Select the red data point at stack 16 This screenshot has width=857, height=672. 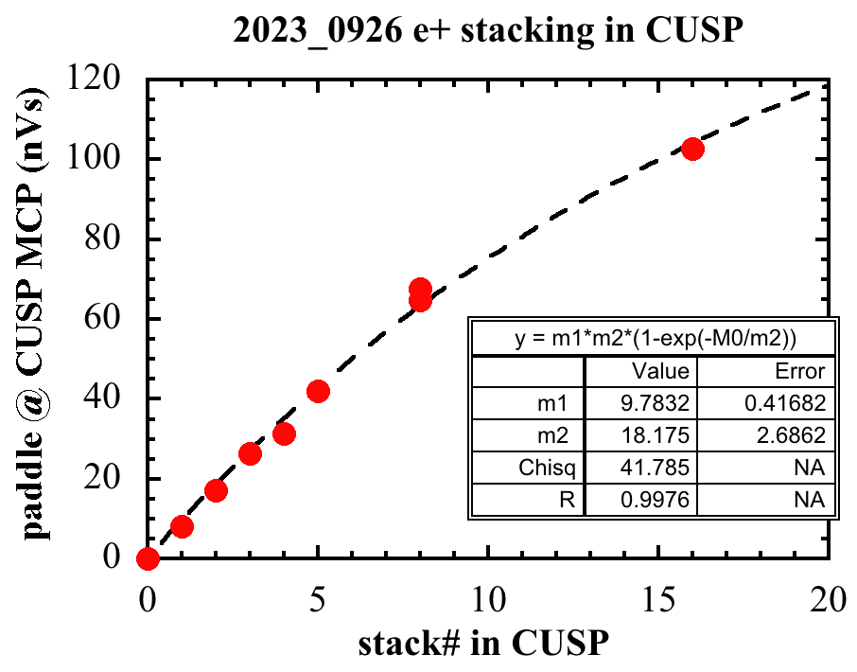(x=692, y=149)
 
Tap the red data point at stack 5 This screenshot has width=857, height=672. (x=318, y=392)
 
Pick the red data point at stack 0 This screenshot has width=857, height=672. (x=148, y=558)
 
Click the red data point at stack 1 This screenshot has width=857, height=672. (x=182, y=526)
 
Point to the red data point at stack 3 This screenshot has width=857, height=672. (x=250, y=453)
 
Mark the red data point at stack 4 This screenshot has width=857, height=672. (x=284, y=433)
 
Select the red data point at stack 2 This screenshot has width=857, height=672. (x=216, y=490)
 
